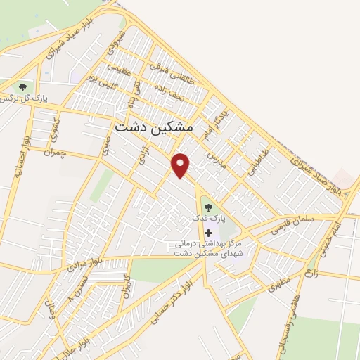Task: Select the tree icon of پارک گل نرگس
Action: (23, 87)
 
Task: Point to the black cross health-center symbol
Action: (207, 232)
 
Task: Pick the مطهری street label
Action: (278, 287)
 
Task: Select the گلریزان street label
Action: (127, 285)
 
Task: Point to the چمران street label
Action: (53, 151)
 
